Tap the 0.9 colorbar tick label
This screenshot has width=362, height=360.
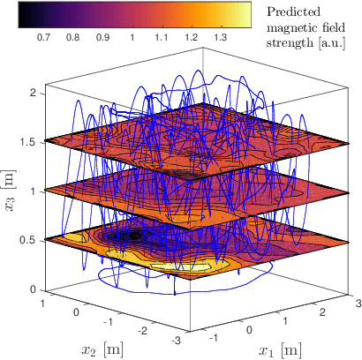tap(102, 40)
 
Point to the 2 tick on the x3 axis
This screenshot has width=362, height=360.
tap(32, 92)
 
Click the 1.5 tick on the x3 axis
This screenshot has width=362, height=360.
tap(28, 141)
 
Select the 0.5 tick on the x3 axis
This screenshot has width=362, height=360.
tap(28, 240)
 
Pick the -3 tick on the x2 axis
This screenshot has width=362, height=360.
tap(178, 341)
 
